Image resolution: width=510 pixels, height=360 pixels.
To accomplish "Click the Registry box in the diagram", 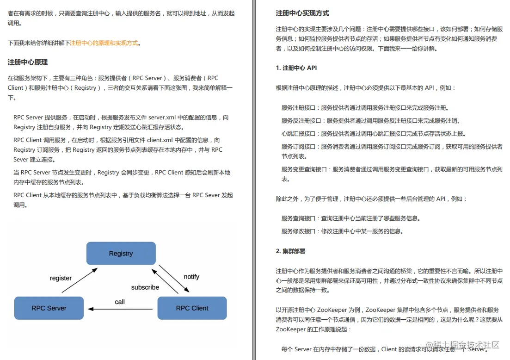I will point(121,254).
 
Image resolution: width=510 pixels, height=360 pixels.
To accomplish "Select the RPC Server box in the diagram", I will point(49,308).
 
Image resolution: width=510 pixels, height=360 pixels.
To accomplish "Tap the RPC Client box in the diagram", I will point(192,308).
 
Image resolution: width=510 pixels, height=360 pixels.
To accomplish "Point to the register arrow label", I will point(61,278).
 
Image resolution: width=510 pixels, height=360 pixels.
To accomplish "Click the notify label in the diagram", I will point(191,277).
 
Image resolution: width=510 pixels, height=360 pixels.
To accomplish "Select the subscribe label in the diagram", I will point(145,287).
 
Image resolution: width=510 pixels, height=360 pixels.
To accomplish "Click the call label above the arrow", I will point(120,302).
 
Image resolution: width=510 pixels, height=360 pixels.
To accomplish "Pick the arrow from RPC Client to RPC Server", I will point(120,309).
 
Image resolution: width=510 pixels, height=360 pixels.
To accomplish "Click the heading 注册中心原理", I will point(28,62).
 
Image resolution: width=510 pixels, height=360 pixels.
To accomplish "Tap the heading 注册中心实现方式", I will point(302,13).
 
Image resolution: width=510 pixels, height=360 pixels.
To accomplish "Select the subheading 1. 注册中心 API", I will point(296,68).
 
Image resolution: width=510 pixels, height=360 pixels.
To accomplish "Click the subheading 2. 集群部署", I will point(290,251).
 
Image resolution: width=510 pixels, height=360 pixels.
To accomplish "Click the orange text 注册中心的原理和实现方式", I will point(104,43).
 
